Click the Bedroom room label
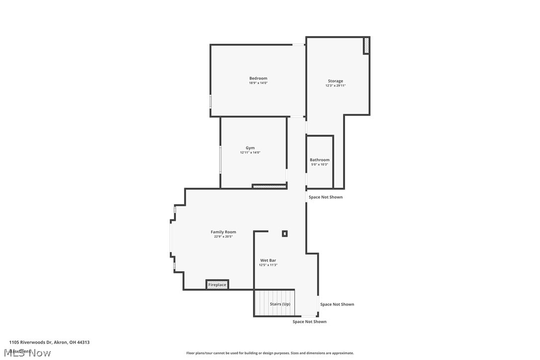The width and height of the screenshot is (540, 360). (x=258, y=78)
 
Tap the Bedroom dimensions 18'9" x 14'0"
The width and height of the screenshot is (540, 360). (x=258, y=83)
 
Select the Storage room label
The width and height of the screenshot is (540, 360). (x=335, y=81)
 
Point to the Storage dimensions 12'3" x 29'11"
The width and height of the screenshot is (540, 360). (x=335, y=86)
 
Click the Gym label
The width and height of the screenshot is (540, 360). (x=250, y=148)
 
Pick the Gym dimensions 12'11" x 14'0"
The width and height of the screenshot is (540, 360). (x=250, y=153)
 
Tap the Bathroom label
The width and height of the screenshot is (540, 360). (x=320, y=160)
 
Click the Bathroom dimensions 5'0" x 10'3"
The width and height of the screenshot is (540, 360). (x=320, y=165)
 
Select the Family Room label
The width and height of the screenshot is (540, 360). (x=223, y=232)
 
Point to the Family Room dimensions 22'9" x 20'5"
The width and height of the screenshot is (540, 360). (x=223, y=237)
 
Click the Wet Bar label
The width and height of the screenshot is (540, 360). (x=268, y=260)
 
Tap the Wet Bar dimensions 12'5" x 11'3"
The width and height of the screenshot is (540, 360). (x=268, y=265)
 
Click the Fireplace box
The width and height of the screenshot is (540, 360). (x=217, y=284)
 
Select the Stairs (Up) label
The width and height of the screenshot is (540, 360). (x=280, y=304)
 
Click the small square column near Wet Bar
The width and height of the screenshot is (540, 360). (x=285, y=233)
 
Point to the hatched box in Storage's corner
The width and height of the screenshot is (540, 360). (x=366, y=46)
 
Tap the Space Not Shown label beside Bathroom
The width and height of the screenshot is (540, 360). (x=325, y=197)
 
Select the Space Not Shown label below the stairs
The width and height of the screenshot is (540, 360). (x=309, y=322)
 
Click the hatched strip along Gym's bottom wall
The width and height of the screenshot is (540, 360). (x=269, y=186)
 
